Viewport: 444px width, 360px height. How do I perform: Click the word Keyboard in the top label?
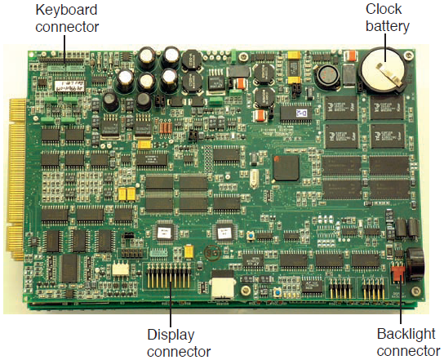click(x=66, y=10)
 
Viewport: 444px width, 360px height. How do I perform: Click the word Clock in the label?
click(x=384, y=9)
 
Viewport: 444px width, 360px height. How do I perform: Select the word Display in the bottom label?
click(x=171, y=335)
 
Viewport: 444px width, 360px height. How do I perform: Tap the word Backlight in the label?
click(x=406, y=334)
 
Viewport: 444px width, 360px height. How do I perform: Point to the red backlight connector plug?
click(x=397, y=273)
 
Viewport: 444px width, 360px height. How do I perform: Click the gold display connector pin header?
click(x=169, y=275)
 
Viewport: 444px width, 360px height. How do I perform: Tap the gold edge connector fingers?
click(x=17, y=179)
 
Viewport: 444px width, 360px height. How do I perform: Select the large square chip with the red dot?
click(x=286, y=167)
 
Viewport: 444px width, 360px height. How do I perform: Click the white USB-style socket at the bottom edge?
click(x=223, y=285)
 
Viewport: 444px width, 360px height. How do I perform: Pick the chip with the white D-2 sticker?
click(x=296, y=113)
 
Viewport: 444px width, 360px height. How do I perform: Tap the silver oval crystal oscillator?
click(x=255, y=179)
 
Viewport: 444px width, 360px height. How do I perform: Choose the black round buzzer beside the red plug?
click(x=415, y=264)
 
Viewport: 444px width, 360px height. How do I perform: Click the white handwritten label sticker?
click(x=69, y=86)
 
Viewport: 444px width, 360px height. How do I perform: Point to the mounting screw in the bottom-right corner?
click(x=415, y=291)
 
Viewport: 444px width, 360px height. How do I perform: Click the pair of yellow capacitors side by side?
click(x=127, y=193)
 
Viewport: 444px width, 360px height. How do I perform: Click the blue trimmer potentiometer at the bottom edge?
click(x=278, y=292)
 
